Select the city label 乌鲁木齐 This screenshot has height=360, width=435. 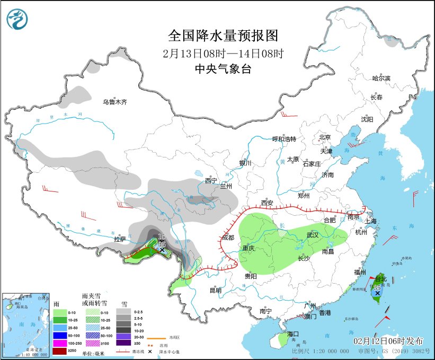click(x=114, y=102)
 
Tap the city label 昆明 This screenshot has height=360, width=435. click(x=215, y=290)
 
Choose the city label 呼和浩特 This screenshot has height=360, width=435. click(x=283, y=139)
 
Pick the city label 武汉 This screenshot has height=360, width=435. click(x=313, y=235)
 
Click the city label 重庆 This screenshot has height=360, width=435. click(x=249, y=248)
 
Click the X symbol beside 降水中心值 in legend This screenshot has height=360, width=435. click(x=150, y=351)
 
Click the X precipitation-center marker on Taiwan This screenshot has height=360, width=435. click(x=377, y=293)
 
